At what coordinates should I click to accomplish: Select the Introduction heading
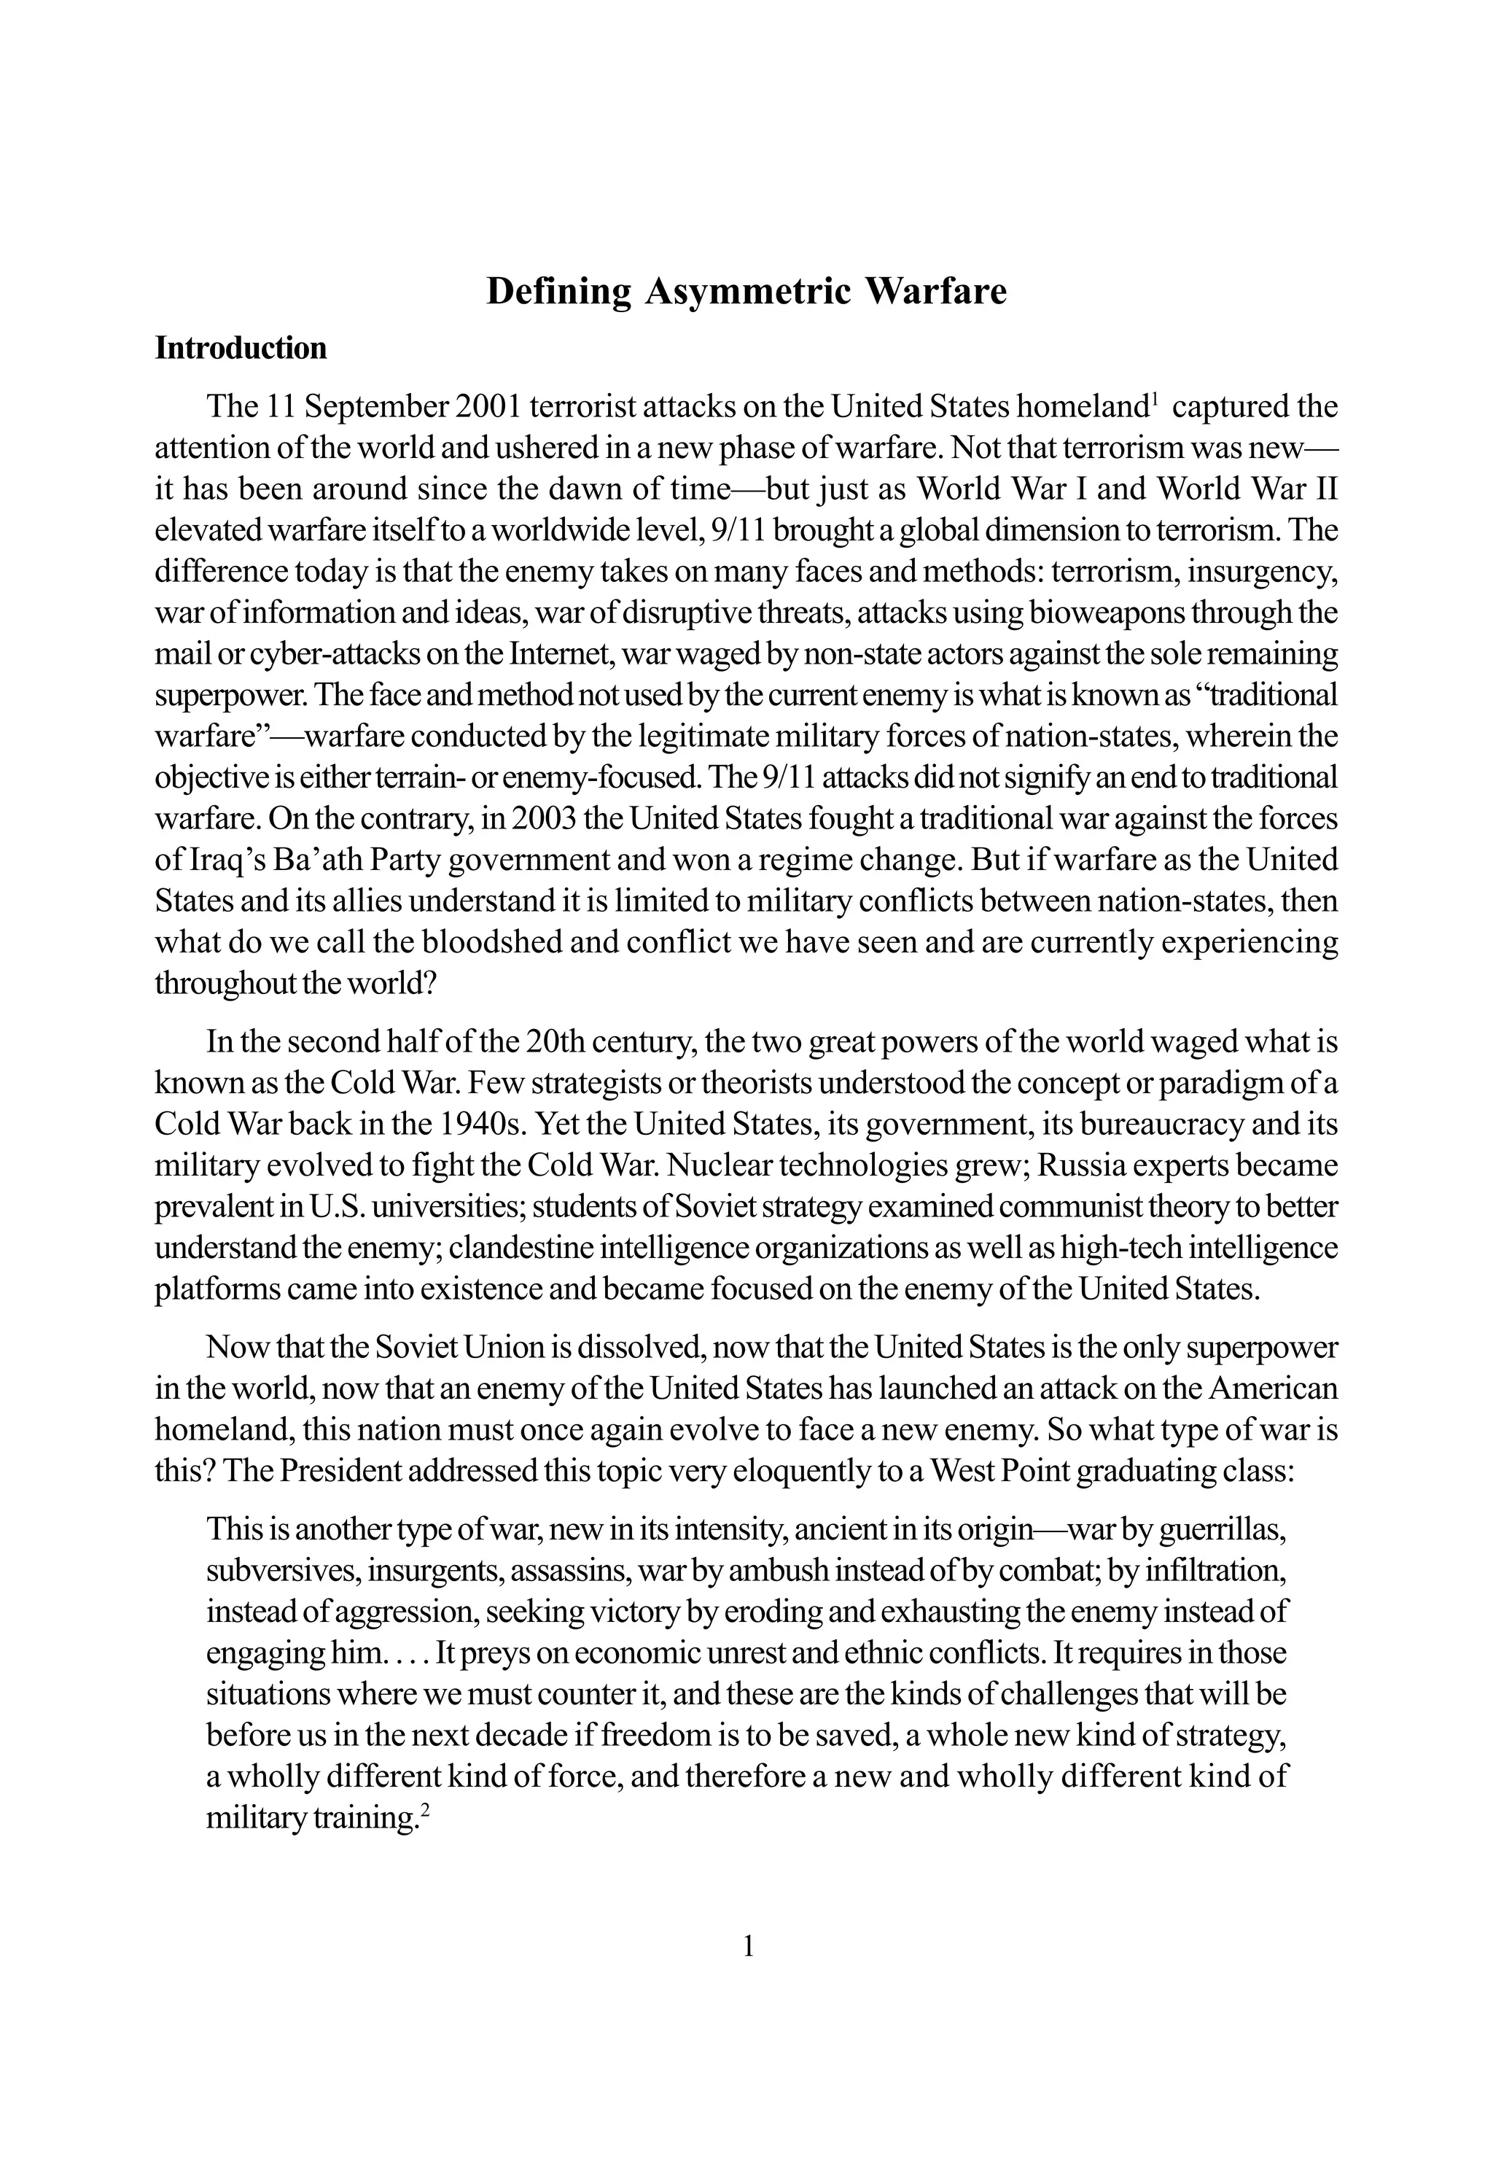point(241,348)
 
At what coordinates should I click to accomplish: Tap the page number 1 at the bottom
point(747,1948)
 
